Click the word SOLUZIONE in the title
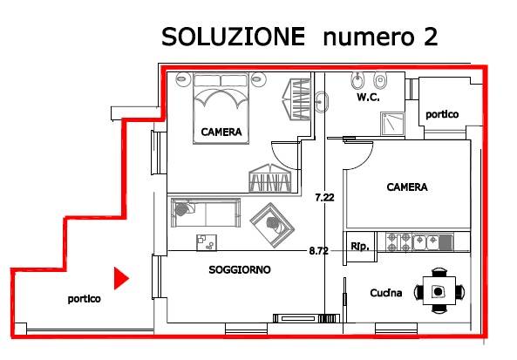click(x=233, y=37)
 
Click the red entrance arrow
click(x=122, y=278)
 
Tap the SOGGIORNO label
click(x=240, y=270)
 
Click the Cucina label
click(x=384, y=293)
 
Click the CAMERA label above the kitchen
click(x=407, y=187)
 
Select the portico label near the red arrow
click(x=85, y=299)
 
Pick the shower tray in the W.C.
click(x=395, y=123)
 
